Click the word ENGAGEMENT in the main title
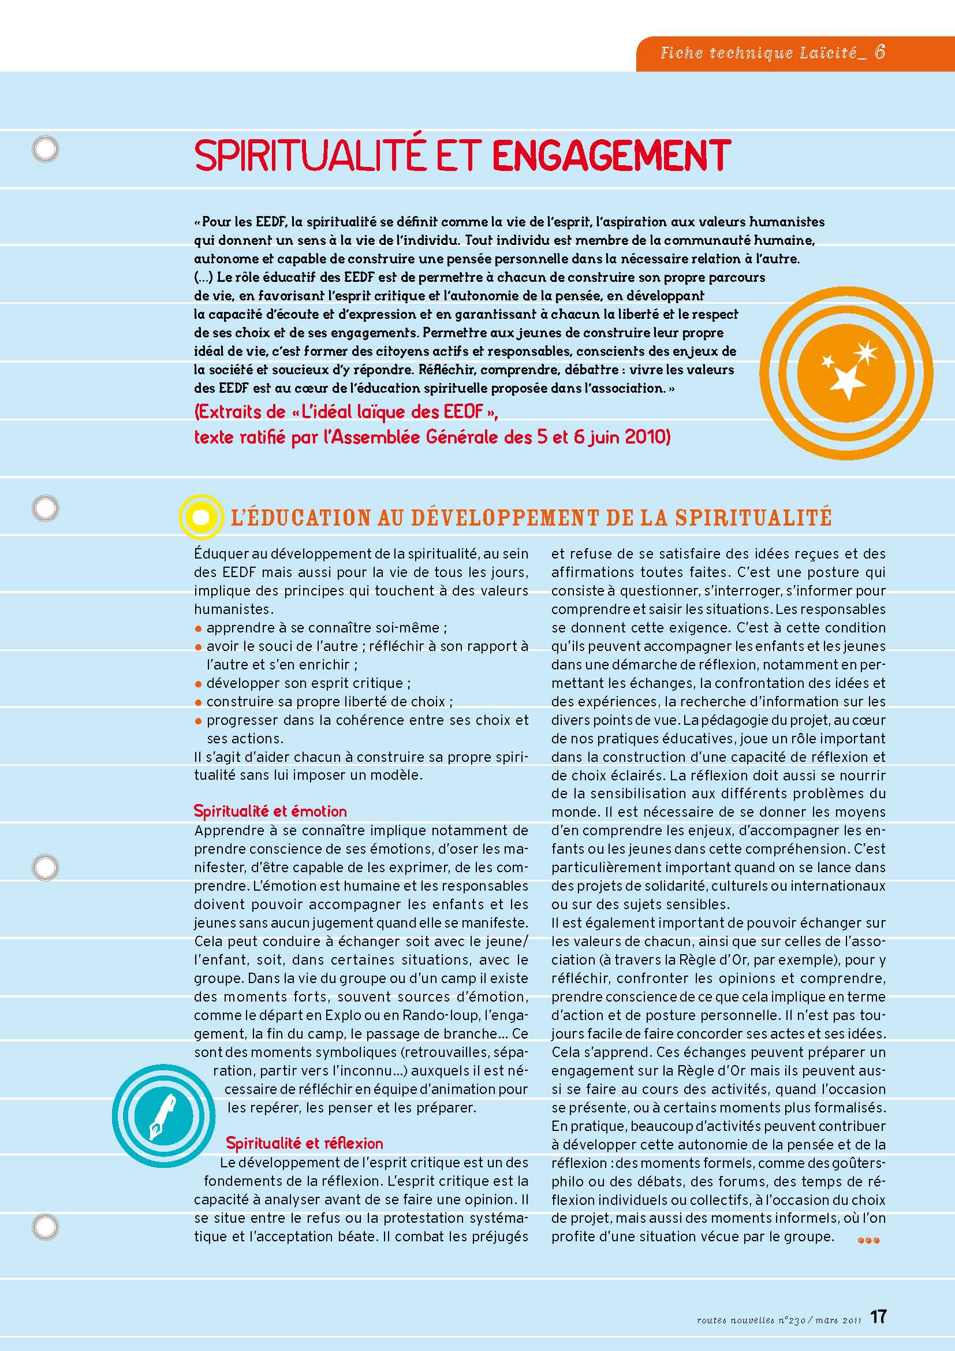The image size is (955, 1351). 611,155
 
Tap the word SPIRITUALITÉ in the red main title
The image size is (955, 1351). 309,155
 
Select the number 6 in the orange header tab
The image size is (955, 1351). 880,53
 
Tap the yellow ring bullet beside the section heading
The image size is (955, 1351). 200,516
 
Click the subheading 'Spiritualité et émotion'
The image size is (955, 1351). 270,811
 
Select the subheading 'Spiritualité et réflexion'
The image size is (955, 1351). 304,1143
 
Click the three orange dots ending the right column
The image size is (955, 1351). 868,1240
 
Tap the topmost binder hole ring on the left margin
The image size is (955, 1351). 45,150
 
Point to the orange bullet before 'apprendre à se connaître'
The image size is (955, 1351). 199,628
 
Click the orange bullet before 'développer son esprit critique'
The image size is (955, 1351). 199,684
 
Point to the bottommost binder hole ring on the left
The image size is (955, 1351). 45,1227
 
